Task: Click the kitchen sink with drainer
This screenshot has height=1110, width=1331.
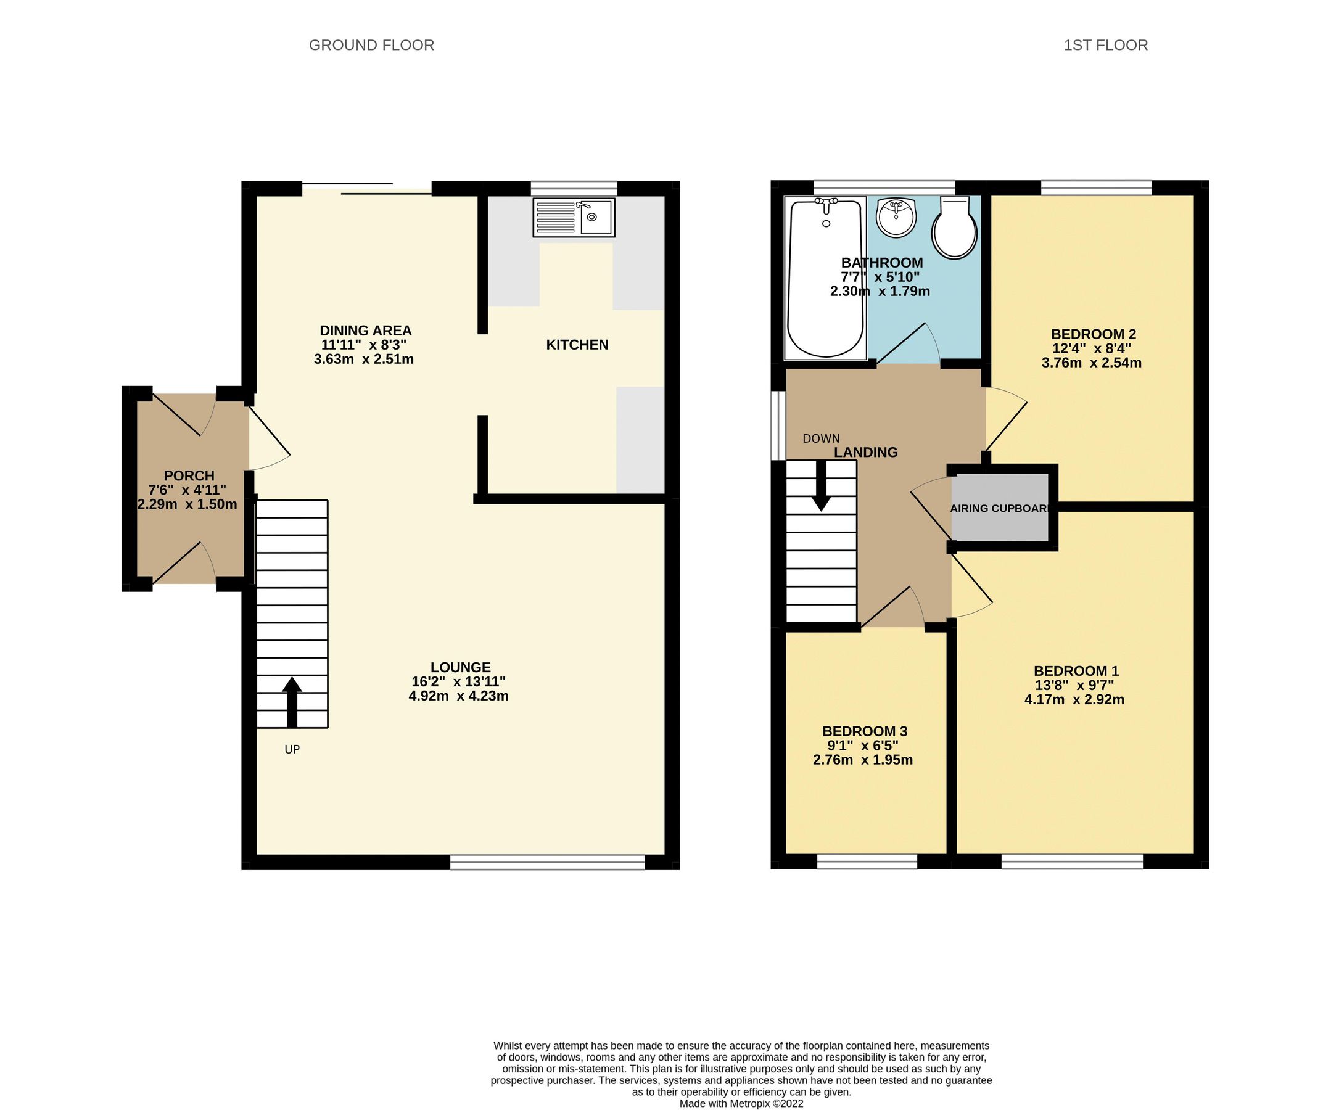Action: point(574,218)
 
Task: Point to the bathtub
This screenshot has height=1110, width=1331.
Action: point(825,279)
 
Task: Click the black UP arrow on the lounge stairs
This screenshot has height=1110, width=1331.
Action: point(292,702)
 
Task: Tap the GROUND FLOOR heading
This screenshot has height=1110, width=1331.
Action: point(371,46)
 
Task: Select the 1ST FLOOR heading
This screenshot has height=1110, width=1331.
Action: point(1105,46)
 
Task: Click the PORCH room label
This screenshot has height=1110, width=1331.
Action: point(189,476)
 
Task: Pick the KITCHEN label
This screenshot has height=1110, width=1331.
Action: point(577,345)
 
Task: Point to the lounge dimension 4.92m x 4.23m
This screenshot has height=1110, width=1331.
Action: point(458,696)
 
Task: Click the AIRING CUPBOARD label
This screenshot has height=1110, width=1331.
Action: point(1000,509)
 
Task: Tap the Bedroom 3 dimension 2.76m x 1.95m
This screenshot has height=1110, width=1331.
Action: point(863,760)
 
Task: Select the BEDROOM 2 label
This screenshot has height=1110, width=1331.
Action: point(1093,334)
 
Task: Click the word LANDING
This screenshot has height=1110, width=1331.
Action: point(865,453)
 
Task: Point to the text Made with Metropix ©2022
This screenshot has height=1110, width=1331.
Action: point(741,1103)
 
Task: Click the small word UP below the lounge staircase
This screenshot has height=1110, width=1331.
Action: point(292,749)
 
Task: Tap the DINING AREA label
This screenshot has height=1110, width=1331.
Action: point(365,331)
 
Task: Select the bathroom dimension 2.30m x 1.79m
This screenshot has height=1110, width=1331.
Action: point(880,292)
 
